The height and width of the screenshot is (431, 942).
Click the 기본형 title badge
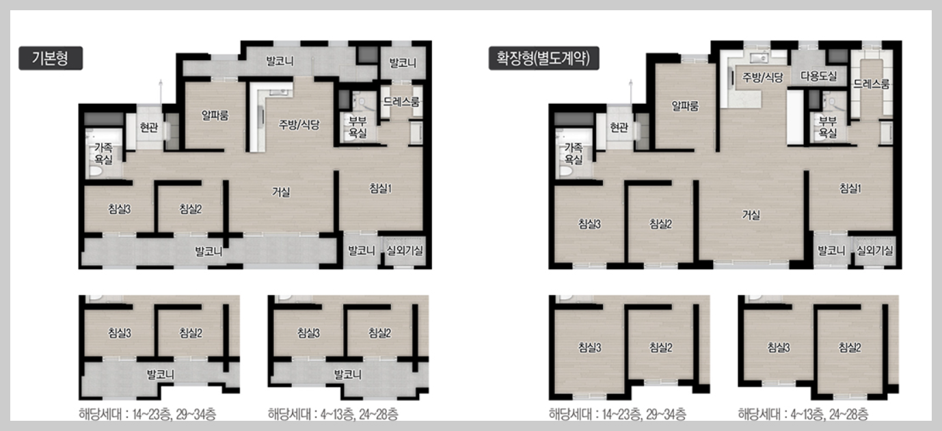click(51, 58)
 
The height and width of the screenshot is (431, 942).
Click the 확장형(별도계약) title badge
click(543, 58)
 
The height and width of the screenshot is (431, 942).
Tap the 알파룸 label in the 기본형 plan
click(215, 115)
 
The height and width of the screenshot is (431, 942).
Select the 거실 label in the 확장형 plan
click(751, 215)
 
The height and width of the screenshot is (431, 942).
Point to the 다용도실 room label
click(818, 76)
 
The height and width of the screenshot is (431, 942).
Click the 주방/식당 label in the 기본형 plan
click(299, 124)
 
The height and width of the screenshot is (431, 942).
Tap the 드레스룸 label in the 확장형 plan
click(872, 84)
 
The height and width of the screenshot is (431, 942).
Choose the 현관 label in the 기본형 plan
click(149, 127)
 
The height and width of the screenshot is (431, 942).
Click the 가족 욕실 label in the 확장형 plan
click(573, 153)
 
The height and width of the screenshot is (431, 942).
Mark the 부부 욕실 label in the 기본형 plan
click(358, 127)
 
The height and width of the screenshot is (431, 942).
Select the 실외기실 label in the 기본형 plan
click(405, 251)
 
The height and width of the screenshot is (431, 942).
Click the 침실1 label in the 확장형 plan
click(850, 189)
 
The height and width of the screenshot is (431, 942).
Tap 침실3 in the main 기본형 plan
click(120, 209)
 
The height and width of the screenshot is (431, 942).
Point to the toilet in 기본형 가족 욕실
click(95, 171)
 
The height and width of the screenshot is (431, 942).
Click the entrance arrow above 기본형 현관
click(160, 91)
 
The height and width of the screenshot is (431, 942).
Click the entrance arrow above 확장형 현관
click(630, 91)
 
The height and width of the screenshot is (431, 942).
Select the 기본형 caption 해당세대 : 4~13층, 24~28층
click(333, 414)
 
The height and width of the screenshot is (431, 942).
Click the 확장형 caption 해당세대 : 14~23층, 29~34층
click(617, 414)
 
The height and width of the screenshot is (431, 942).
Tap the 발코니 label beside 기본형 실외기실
click(361, 251)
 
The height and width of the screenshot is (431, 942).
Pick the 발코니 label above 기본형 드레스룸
click(403, 63)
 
